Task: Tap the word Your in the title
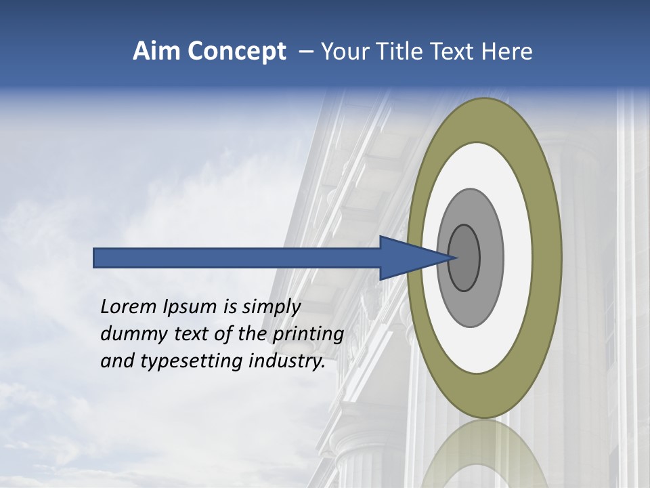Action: [x=343, y=52]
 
